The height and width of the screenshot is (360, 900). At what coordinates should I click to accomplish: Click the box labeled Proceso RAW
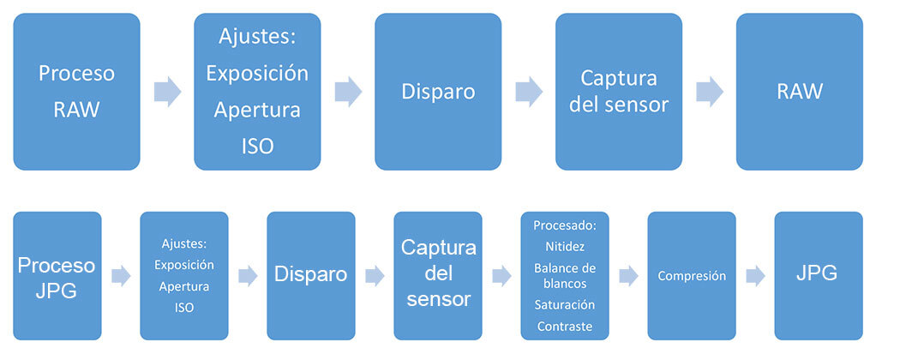click(76, 92)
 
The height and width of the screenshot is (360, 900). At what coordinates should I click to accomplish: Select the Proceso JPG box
click(57, 276)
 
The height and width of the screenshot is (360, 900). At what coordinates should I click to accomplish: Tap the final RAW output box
click(799, 92)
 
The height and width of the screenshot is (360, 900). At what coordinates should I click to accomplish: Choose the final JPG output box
click(817, 276)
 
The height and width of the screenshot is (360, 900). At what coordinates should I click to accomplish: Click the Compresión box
click(691, 276)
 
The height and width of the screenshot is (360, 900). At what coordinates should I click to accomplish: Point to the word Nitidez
click(564, 246)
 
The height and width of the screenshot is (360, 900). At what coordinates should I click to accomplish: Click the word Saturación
click(564, 304)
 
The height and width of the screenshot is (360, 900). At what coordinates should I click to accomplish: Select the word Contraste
click(564, 326)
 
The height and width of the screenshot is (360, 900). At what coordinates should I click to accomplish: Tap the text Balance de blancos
click(564, 276)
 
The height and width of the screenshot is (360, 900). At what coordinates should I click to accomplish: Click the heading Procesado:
click(564, 225)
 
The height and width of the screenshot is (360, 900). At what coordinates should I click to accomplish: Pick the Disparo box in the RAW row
click(438, 92)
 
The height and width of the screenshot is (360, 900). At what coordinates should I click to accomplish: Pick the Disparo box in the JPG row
click(310, 276)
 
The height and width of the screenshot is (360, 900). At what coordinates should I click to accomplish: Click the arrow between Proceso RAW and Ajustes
click(167, 92)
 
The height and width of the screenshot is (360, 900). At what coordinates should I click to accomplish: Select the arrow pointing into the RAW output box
click(710, 92)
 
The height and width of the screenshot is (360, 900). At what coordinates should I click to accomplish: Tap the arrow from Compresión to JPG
click(755, 276)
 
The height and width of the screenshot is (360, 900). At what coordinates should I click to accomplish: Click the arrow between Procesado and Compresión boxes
click(628, 276)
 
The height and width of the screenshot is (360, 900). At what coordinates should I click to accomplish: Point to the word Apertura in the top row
click(257, 110)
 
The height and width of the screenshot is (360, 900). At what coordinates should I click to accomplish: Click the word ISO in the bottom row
click(183, 307)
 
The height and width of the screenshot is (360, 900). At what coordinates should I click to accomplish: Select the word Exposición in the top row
click(257, 73)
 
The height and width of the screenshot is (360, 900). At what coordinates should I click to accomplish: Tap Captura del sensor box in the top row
click(619, 92)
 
